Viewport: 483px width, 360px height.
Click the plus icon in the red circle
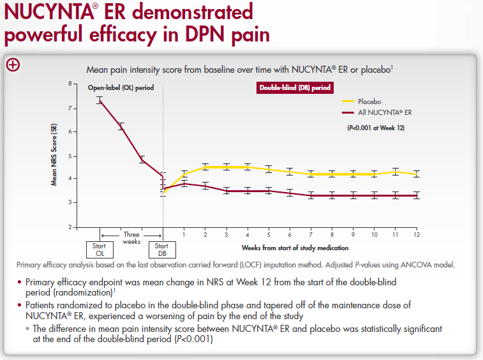coord(13,64)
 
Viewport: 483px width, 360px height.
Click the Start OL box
coord(99,249)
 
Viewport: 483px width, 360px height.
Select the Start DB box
coord(162,249)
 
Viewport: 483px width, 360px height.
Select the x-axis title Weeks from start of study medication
coord(295,247)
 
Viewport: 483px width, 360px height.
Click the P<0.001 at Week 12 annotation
coord(374,128)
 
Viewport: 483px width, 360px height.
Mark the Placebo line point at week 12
coord(416,174)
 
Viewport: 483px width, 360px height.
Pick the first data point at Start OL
coord(99,100)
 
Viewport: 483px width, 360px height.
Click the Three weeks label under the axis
coord(131,238)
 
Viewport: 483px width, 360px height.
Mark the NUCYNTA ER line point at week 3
coord(226,191)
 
